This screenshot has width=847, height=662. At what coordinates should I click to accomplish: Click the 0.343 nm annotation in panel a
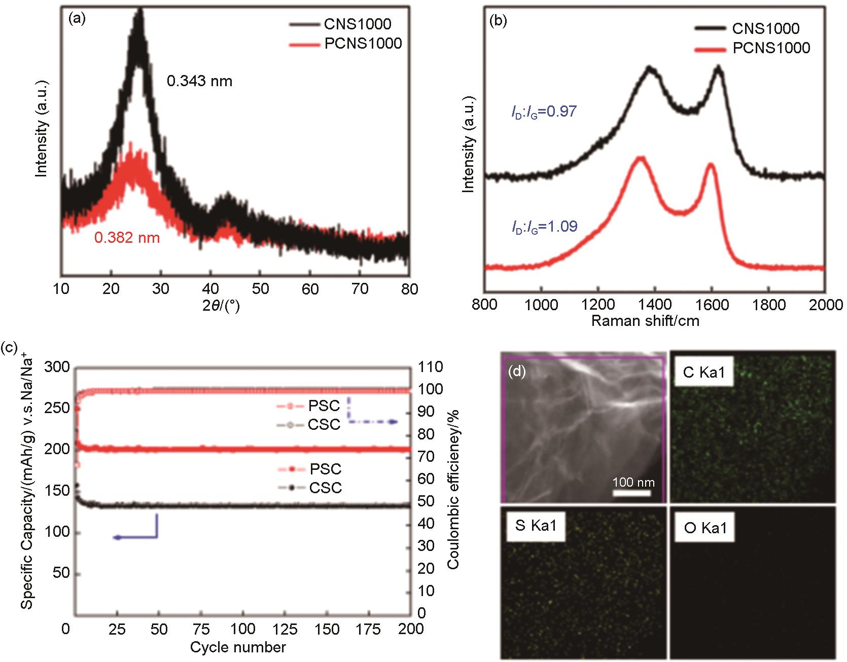(200, 81)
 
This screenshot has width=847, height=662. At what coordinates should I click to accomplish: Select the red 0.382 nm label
(127, 237)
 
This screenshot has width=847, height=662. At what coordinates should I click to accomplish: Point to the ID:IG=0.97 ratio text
(544, 111)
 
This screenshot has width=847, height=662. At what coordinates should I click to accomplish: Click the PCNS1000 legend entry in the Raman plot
(771, 48)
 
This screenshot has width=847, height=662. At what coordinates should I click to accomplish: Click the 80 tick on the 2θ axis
(409, 289)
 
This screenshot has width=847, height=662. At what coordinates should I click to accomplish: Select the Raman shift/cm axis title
(645, 321)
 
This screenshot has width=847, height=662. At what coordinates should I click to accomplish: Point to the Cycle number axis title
(238, 647)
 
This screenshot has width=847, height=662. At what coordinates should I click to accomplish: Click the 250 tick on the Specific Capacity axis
(57, 409)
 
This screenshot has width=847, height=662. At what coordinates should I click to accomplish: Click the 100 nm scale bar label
(633, 482)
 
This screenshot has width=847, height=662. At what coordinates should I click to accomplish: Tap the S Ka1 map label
(536, 526)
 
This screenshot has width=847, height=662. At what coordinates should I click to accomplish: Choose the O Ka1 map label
(705, 528)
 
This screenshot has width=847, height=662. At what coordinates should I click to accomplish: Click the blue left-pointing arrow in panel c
(118, 537)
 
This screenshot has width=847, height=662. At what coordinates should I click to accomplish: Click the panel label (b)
(498, 22)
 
